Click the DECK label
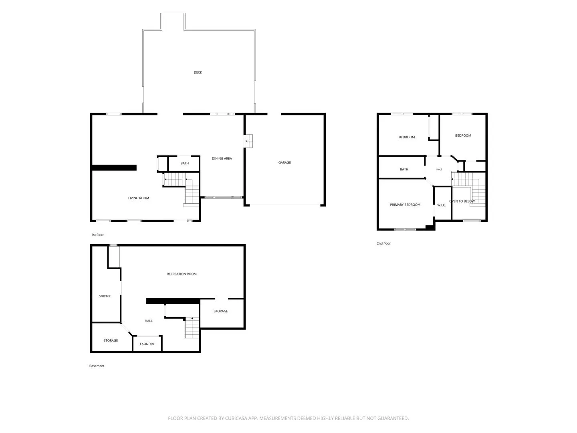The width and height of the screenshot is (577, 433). tap(198, 72)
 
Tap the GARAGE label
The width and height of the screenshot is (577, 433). tap(284, 162)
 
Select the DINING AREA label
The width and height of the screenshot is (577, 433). tap(222, 158)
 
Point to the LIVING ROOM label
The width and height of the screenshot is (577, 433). tap(138, 198)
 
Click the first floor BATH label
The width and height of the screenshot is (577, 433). tap(184, 163)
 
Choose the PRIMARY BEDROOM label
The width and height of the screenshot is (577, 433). tap(405, 204)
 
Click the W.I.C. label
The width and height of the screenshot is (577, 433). tap(441, 205)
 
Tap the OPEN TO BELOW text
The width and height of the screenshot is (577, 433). tap(462, 201)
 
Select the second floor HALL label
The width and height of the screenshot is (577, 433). tap(439, 169)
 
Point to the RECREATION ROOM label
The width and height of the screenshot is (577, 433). tap(182, 274)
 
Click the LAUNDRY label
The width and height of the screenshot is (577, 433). tap(147, 344)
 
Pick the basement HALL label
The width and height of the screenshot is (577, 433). tap(148, 321)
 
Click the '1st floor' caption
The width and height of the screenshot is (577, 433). tap(97, 235)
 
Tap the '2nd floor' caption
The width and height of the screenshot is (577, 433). tap(383, 243)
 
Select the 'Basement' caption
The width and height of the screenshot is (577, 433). tap(97, 366)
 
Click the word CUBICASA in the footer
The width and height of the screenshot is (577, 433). tap(236, 418)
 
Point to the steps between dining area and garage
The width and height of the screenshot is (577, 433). tap(248, 141)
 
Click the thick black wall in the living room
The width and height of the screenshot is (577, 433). tap(114, 168)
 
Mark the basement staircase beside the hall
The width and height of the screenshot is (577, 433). tap(192, 328)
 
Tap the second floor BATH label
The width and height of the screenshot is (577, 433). tap(404, 169)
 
